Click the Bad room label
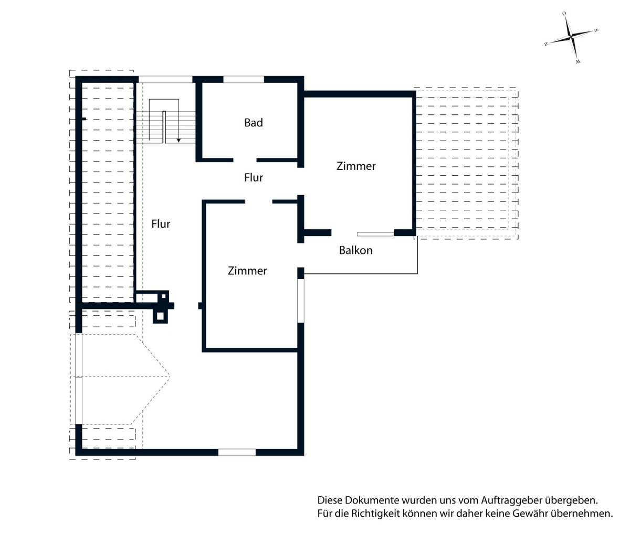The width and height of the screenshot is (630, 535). tap(253, 123)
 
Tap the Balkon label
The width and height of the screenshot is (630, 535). tap(356, 250)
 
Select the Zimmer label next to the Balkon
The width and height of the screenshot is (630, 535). tap(356, 166)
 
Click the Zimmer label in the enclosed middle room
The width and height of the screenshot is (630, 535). tap(247, 271)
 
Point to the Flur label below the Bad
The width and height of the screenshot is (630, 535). tap(253, 177)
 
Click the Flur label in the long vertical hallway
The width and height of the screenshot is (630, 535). tap(161, 224)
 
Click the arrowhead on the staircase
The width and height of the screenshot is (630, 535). tap(178, 141)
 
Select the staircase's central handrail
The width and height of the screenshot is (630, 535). tap(164, 127)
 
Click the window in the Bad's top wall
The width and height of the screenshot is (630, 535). tap(244, 80)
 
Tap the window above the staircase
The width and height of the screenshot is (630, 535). tap(165, 80)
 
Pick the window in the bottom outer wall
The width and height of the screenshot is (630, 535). tap(237, 453)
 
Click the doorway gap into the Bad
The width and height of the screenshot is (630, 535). tap(245, 160)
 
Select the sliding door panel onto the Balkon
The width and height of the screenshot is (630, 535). tap(375, 234)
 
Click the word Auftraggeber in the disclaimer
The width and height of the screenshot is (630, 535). tap(512, 500)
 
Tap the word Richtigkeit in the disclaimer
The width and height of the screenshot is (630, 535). tap(375, 513)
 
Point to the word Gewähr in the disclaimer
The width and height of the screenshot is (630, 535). tap(527, 513)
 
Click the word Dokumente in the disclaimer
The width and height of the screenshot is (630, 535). tap(372, 500)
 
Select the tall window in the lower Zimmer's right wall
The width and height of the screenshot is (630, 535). tap(301, 301)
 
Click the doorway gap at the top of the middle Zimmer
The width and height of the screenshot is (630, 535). tap(259, 201)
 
